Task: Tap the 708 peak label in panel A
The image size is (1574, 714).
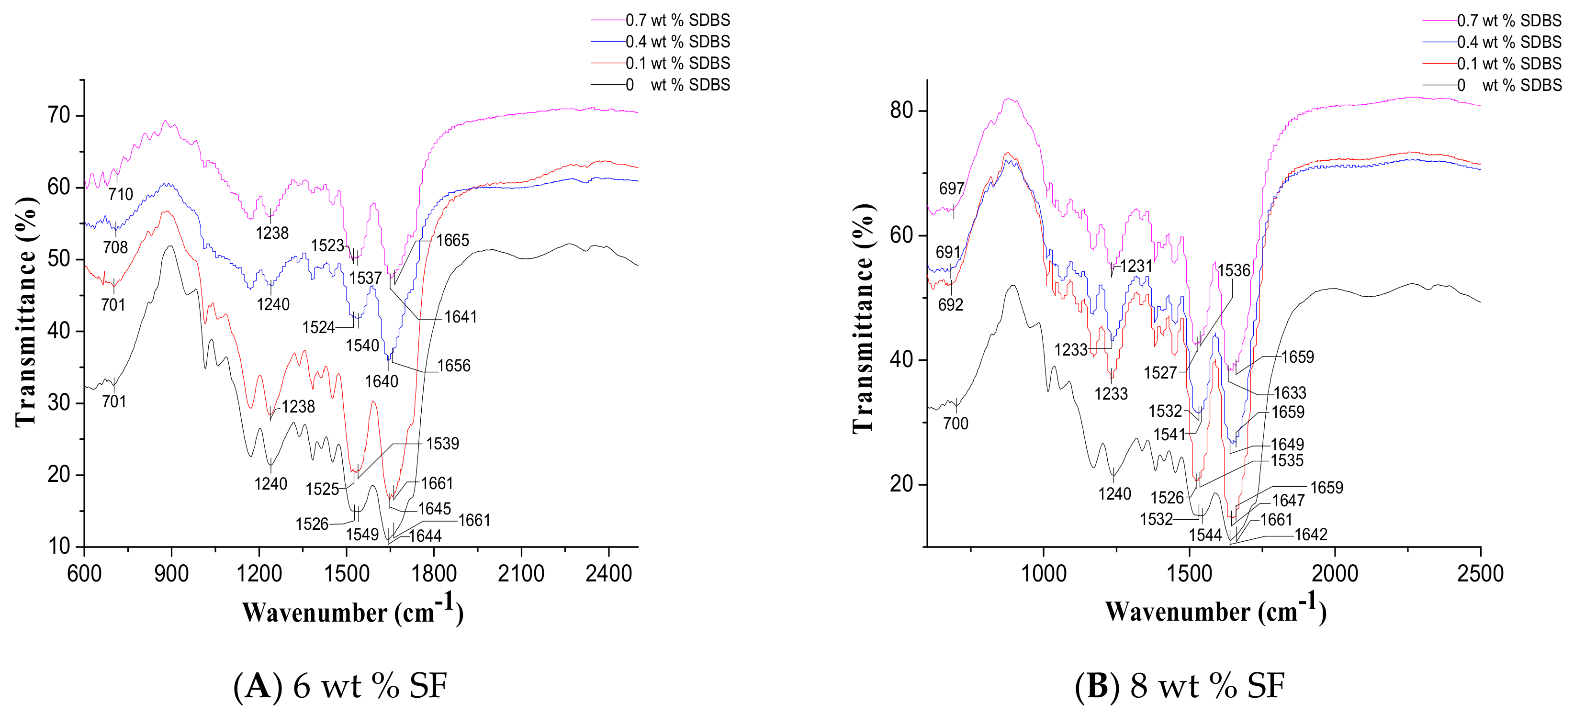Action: point(115,247)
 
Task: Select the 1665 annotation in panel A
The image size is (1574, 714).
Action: point(453,240)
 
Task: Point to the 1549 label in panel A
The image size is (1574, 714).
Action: point(362,535)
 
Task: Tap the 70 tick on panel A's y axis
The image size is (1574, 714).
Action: point(59,115)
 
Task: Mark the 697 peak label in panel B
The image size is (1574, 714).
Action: point(951,189)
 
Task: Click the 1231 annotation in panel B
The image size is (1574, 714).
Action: point(1136,266)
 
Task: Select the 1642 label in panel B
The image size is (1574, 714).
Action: point(1311,535)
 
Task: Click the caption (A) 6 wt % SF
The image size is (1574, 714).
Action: point(340,685)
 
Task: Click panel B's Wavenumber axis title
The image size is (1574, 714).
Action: point(1215,611)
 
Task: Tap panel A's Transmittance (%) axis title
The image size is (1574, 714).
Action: point(26,312)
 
